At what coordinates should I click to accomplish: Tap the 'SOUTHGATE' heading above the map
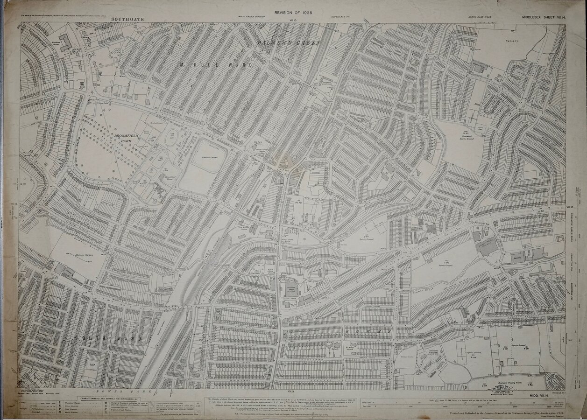click(127, 19)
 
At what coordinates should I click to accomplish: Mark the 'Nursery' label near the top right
click(512, 41)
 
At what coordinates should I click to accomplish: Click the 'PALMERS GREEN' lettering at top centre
click(288, 43)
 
